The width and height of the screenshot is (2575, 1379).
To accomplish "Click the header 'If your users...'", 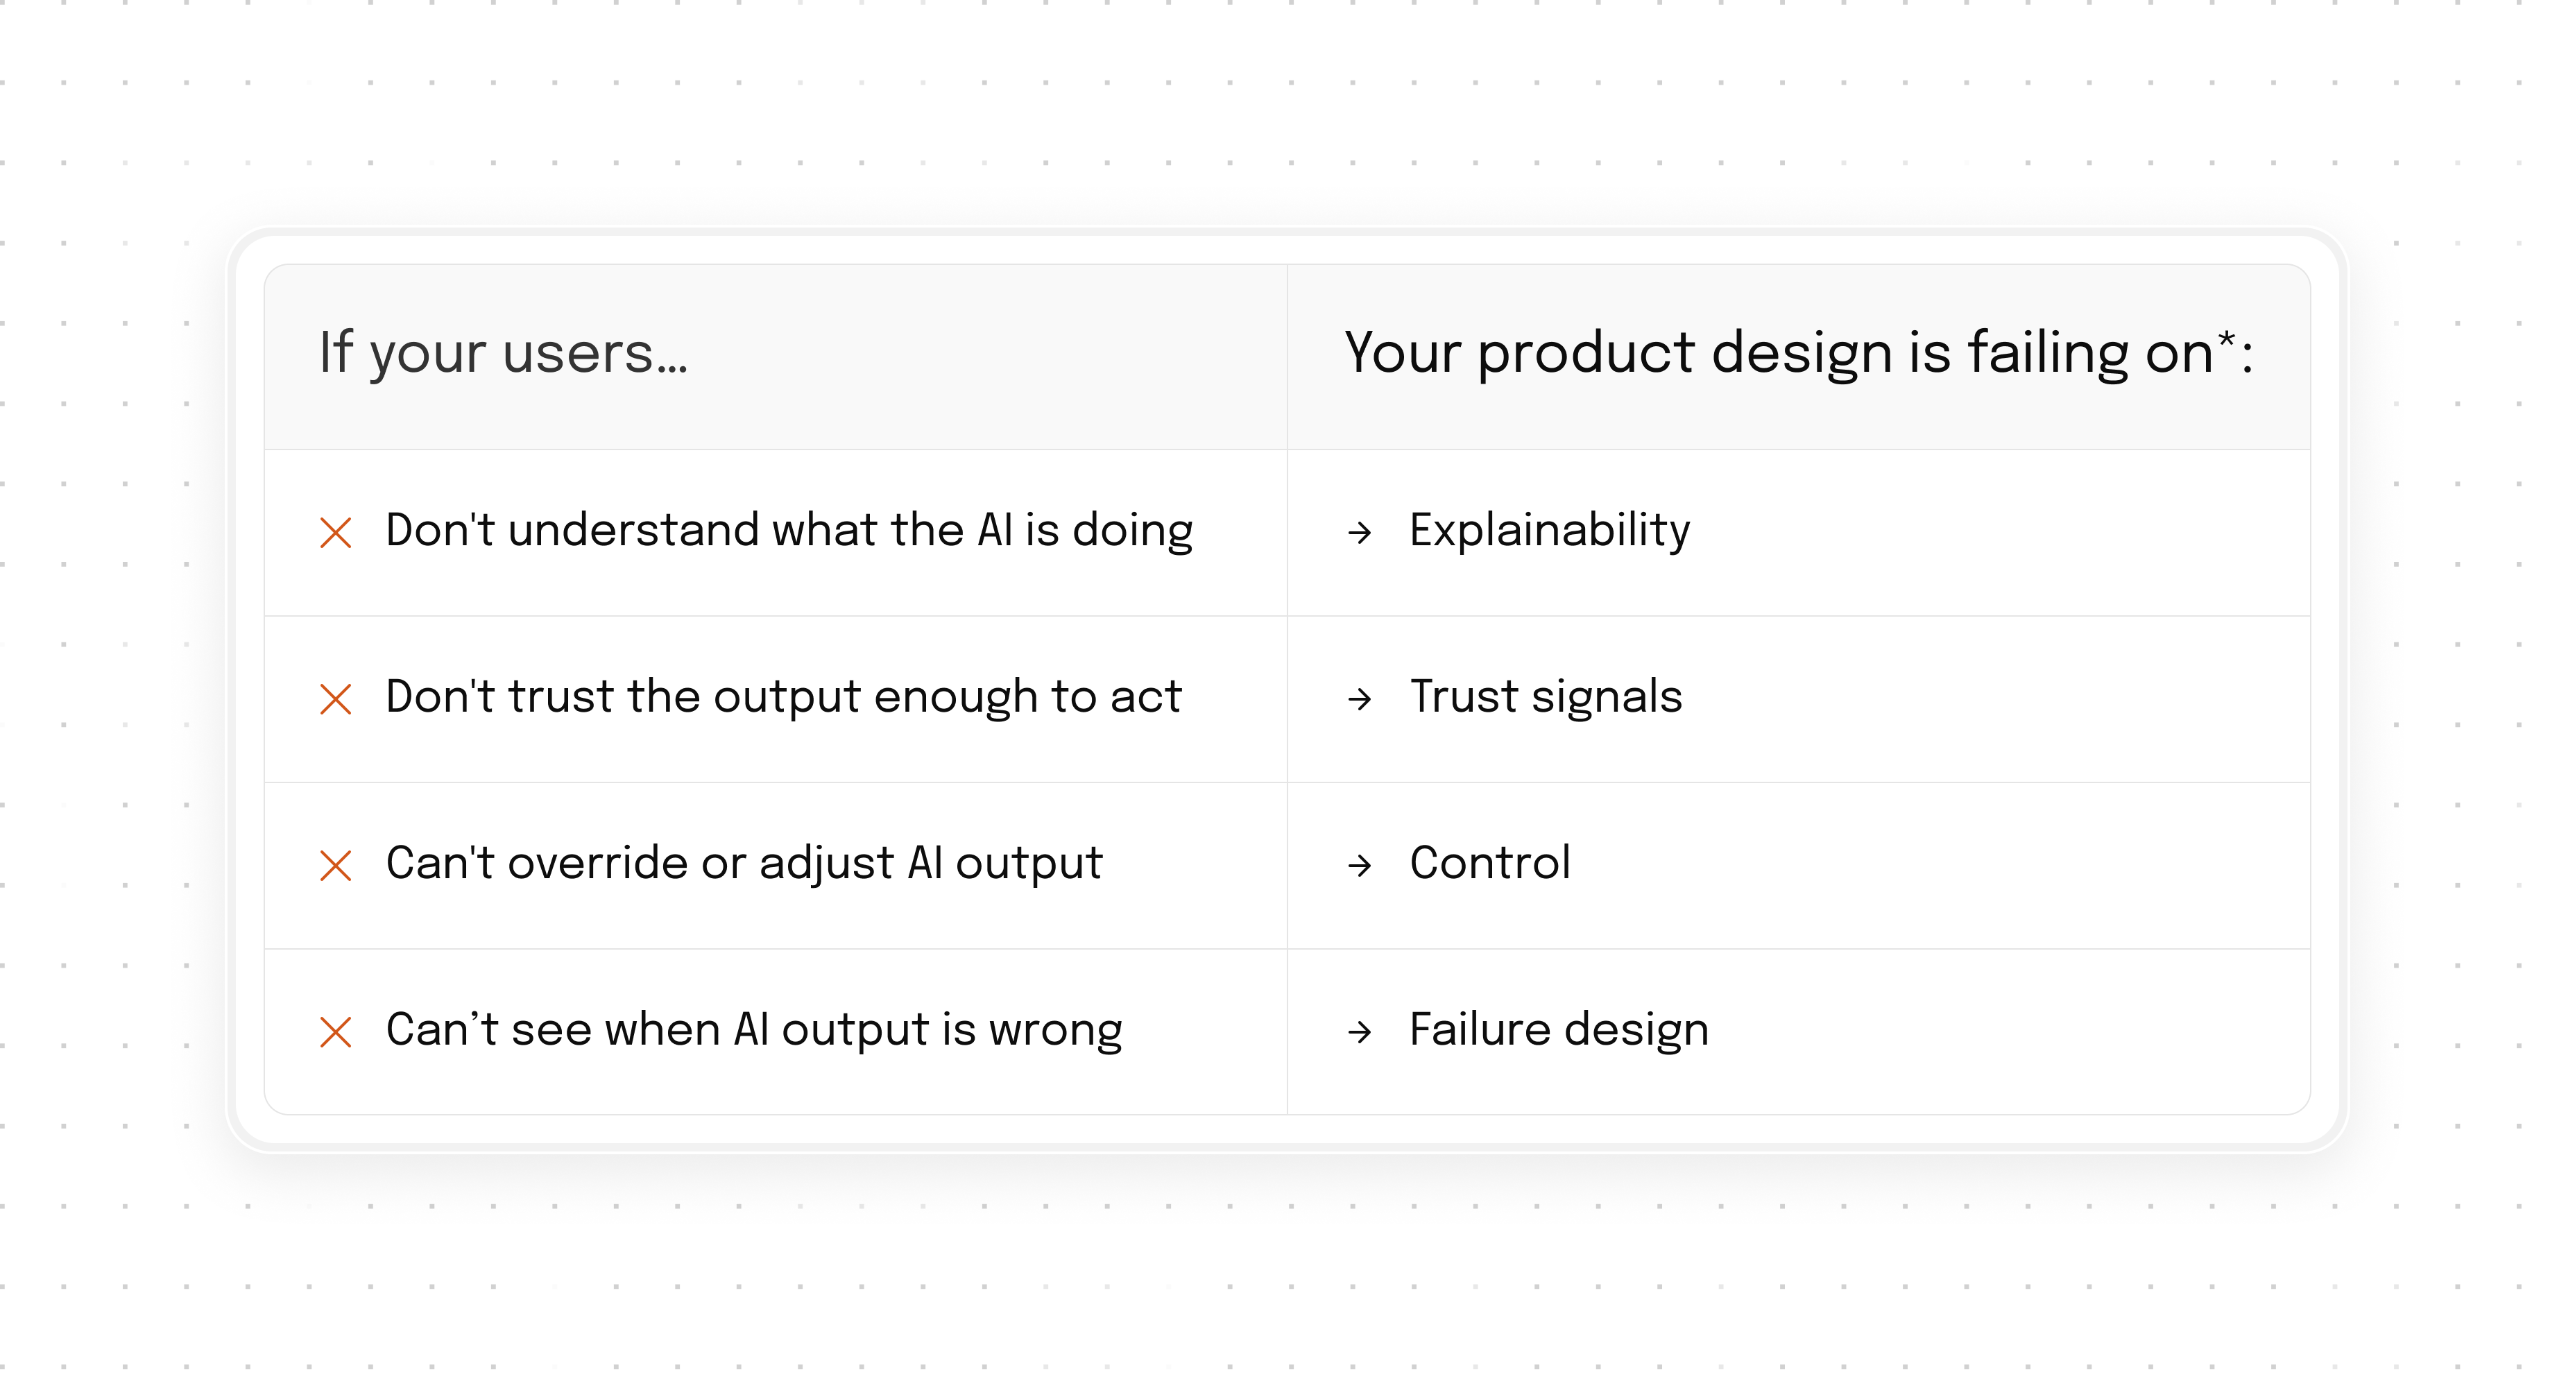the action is pos(503,354).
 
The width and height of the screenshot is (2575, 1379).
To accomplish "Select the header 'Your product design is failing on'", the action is pos(1779,354).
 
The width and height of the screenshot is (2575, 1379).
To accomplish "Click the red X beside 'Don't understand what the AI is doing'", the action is pos(336,533).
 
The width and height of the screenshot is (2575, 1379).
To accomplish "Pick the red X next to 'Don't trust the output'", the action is pos(336,699).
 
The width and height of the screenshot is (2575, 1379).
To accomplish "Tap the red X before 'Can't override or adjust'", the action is pos(336,866).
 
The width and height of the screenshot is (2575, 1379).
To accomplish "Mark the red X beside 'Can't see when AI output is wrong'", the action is pos(336,1032).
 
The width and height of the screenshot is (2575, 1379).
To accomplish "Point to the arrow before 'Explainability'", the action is pos(1360,533).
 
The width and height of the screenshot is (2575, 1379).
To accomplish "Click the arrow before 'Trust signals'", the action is pos(1360,699).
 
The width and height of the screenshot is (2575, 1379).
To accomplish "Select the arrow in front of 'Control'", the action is pos(1360,866).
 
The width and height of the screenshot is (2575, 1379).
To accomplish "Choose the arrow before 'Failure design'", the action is pos(1360,1032).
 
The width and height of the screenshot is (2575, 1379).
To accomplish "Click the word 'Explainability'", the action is pos(1550,531).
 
